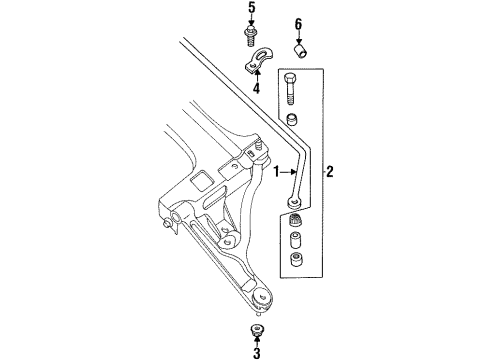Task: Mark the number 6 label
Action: point(297,23)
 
